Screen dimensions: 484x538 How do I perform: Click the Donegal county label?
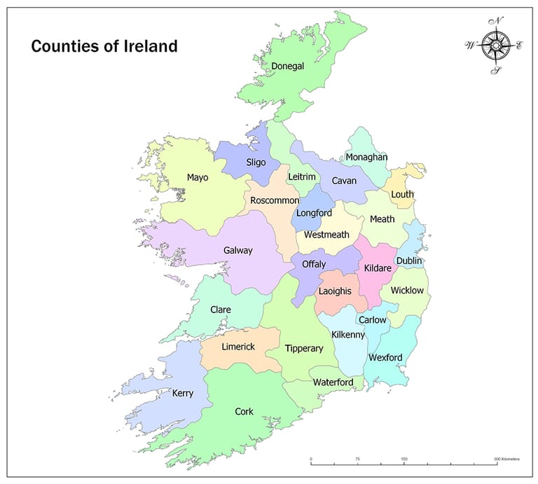coord(288,67)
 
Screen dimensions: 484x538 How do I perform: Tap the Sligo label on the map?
coord(256,162)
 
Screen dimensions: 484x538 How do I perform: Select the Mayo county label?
coord(198,177)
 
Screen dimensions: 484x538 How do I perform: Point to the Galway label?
coord(238,250)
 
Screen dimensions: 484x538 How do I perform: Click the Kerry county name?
coord(183,394)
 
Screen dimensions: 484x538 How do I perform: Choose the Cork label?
coord(244,411)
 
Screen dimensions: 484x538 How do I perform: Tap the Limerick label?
coord(238,347)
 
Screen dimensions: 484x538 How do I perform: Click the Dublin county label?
coord(409,261)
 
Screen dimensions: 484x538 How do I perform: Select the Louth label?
coord(402,194)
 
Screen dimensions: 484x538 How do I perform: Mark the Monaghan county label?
coord(366,157)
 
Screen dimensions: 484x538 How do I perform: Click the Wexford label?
coord(385,357)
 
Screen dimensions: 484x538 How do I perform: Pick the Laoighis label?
coord(334,290)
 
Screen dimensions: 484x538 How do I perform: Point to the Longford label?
coord(314,212)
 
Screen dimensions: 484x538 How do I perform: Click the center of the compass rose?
coord(496,46)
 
